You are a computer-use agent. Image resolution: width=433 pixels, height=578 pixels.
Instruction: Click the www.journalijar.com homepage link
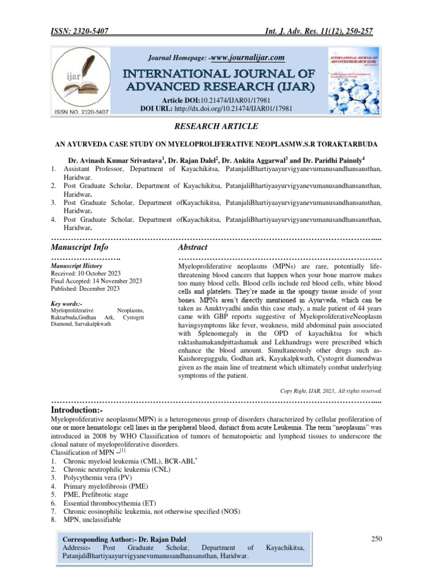[x=247, y=57]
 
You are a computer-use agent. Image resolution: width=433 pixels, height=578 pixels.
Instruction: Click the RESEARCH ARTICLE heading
[x=216, y=126]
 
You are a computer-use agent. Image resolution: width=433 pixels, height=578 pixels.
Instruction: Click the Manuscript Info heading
[x=79, y=247]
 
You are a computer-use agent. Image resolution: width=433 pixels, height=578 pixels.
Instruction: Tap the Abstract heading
[x=192, y=247]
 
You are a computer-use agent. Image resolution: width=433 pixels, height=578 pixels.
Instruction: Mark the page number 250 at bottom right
[x=377, y=539]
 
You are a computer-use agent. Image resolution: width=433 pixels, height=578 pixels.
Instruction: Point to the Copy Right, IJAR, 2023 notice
[x=331, y=390]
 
